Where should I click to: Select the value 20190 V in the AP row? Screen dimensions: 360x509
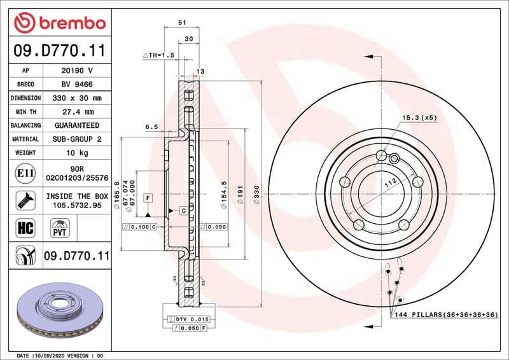[x=77, y=71]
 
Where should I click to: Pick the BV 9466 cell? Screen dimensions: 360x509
[x=77, y=85]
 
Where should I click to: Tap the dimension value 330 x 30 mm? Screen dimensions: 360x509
[x=77, y=98]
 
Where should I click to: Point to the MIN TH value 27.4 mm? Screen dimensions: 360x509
[x=77, y=112]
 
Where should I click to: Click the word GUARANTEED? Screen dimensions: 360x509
[x=77, y=125]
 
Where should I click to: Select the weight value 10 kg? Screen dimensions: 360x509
[x=77, y=153]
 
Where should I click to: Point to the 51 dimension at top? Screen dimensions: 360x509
[x=182, y=23]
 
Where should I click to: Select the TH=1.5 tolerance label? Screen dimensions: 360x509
[x=158, y=56]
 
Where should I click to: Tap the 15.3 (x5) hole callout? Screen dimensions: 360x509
[x=419, y=118]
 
